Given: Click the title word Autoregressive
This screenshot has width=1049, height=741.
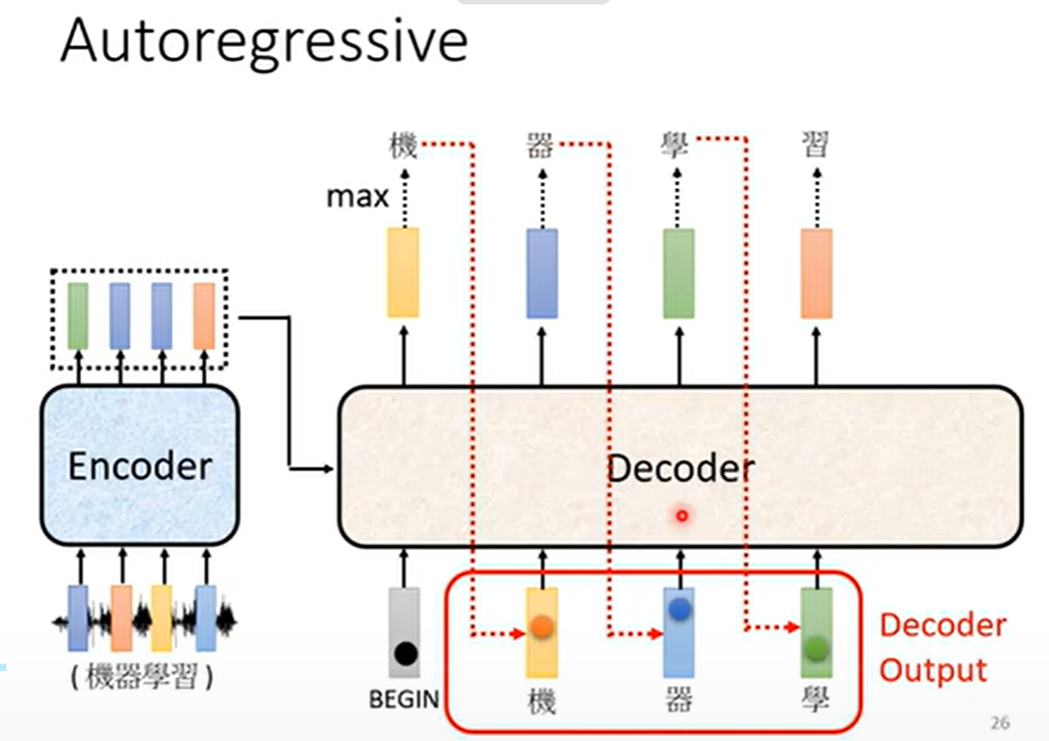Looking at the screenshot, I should point(263,42).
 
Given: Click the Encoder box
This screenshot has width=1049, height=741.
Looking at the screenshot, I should point(140,466).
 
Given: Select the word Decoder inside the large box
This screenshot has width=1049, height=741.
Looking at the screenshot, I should point(679,468).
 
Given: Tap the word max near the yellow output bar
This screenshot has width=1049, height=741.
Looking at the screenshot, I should point(357,195).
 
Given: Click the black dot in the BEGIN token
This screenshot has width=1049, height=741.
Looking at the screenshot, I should point(405,652).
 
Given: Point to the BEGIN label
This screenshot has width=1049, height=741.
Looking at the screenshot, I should point(404,699).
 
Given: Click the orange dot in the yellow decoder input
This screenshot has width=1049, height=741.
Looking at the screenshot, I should point(541,626).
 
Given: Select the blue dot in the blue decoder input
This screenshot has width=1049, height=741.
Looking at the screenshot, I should point(679,610).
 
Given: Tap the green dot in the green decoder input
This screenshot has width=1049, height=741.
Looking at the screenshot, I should point(816,647).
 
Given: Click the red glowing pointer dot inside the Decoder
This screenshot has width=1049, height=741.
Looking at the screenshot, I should point(682,516).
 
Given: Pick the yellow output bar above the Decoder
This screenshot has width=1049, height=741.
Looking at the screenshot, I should point(403,273).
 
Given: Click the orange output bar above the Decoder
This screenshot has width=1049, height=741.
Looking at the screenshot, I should point(816,273).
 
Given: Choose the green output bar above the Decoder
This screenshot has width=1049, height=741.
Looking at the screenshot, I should point(678,273).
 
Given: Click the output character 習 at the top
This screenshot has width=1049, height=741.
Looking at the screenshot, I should point(816,144).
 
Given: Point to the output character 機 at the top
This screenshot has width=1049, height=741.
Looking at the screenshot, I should point(403,145).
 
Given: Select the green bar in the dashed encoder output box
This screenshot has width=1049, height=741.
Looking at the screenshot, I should point(78,315).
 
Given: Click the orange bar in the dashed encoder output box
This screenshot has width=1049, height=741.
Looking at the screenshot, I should point(204,315).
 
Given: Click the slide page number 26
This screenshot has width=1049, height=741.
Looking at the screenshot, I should point(999,724).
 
